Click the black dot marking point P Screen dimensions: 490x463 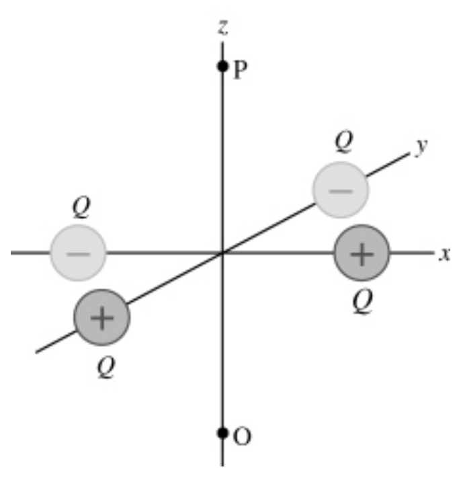click(x=222, y=67)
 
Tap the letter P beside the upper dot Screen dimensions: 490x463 click(x=240, y=71)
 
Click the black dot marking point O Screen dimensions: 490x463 click(x=222, y=433)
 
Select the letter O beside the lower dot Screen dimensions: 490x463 click(x=243, y=438)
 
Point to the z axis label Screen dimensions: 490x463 click(x=222, y=27)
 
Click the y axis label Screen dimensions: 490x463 click(x=421, y=147)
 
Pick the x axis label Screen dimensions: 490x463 click(x=444, y=254)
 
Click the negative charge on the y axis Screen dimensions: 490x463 click(x=341, y=190)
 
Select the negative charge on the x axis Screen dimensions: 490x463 click(x=78, y=253)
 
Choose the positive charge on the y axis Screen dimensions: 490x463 click(x=102, y=317)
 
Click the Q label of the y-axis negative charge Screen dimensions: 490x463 click(x=343, y=142)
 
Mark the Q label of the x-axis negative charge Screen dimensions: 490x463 click(x=81, y=208)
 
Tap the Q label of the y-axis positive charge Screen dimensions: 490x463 click(x=105, y=366)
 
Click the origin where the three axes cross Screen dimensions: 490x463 click(x=222, y=253)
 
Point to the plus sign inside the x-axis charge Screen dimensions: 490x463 click(x=362, y=254)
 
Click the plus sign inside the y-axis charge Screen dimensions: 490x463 click(x=102, y=317)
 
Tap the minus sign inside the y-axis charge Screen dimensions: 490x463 click(x=341, y=191)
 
